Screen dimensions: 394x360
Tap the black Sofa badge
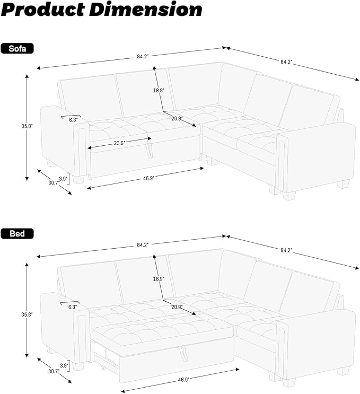(x=17, y=49)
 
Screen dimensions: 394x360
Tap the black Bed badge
(x=17, y=233)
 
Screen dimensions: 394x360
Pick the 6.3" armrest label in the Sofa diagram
(x=73, y=119)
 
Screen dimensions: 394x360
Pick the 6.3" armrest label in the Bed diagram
(x=73, y=307)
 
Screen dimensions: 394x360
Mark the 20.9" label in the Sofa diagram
(x=177, y=118)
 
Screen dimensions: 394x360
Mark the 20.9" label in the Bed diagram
(x=177, y=307)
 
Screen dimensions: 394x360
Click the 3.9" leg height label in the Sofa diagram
(x=63, y=178)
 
